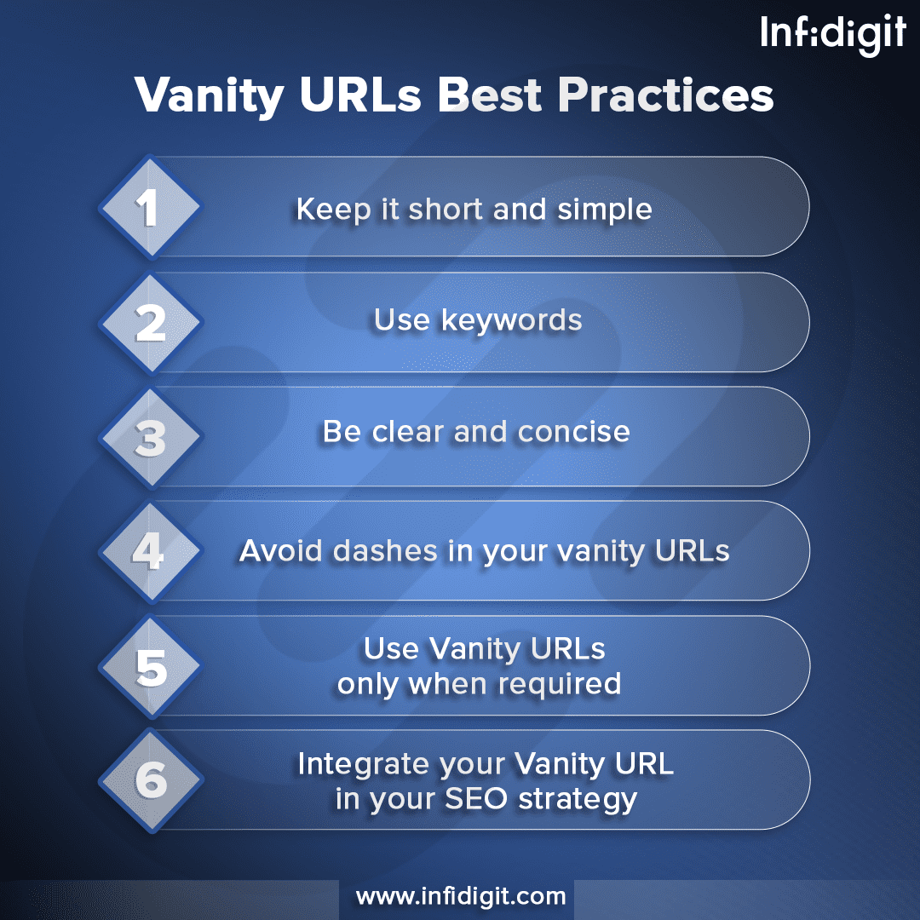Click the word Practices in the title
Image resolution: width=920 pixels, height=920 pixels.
coord(665,95)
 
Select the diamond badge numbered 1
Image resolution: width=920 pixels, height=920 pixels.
coord(150,207)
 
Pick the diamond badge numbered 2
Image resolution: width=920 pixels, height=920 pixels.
coord(150,323)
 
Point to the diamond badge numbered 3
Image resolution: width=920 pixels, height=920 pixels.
coord(150,437)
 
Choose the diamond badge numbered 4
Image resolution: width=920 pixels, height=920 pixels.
coord(150,551)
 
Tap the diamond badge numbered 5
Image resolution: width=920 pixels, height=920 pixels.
coord(150,667)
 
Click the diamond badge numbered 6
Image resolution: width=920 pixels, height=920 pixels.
coord(150,781)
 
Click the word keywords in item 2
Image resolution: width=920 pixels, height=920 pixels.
coord(511,320)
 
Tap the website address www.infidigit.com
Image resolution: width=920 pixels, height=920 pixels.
coord(460,897)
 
